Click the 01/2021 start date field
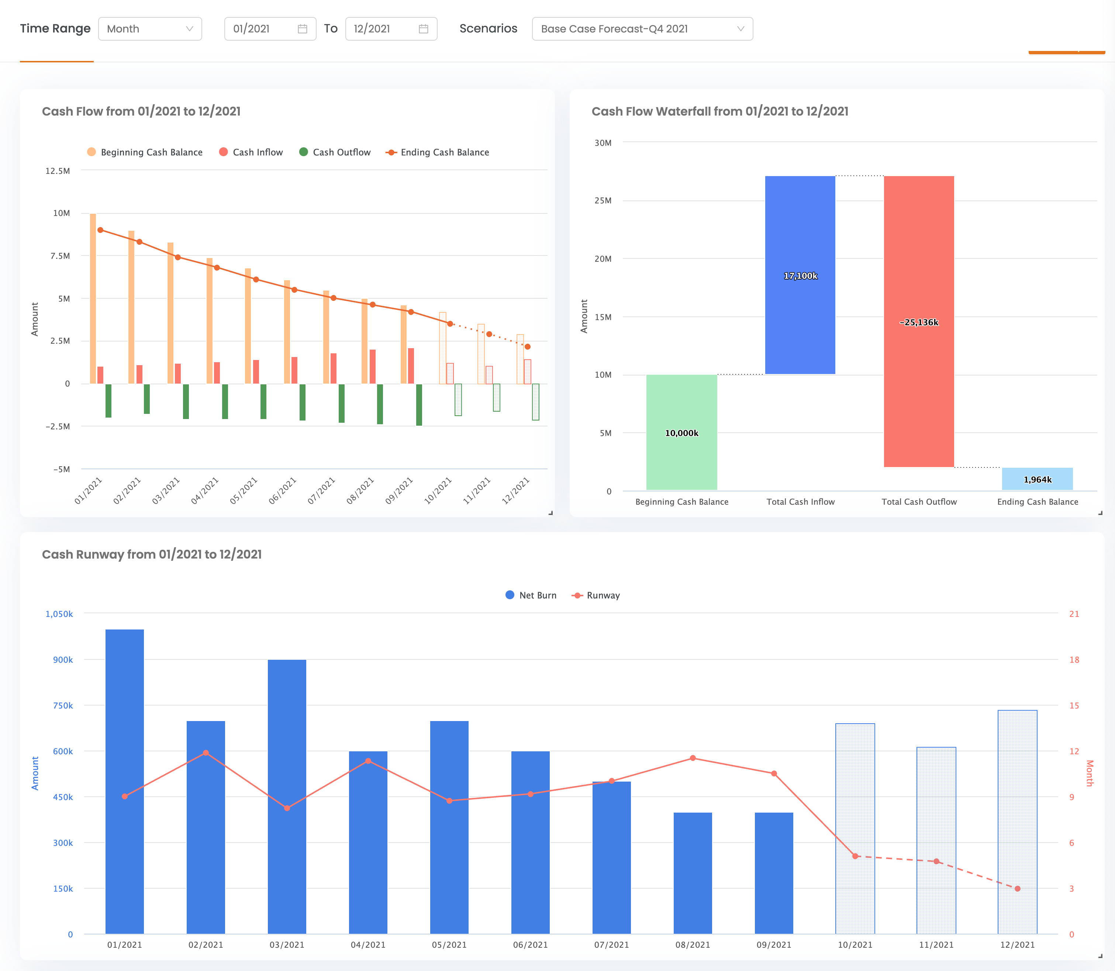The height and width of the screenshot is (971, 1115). pyautogui.click(x=270, y=29)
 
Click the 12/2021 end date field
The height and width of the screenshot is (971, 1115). pyautogui.click(x=390, y=29)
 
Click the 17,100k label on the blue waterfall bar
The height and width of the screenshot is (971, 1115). pyautogui.click(x=800, y=276)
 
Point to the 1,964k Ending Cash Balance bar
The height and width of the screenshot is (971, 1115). pyautogui.click(x=1037, y=479)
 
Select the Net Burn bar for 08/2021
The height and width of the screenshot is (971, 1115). pyautogui.click(x=693, y=872)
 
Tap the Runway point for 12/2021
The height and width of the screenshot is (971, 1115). pyautogui.click(x=1018, y=889)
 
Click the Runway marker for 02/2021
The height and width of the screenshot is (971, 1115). pyautogui.click(x=206, y=753)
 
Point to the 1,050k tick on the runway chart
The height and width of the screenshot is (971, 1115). pyautogui.click(x=59, y=614)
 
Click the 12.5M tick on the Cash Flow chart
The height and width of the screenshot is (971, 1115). pyautogui.click(x=58, y=171)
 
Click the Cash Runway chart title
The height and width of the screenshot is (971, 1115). pyautogui.click(x=152, y=554)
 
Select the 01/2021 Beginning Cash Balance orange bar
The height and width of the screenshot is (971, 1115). pyautogui.click(x=93, y=298)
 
